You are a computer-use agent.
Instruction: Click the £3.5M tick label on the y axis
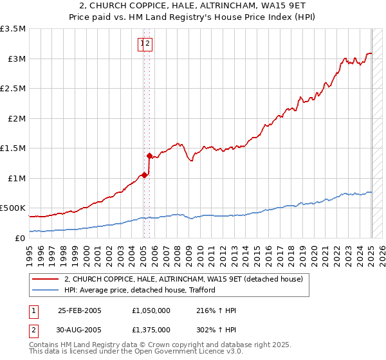point(13,29)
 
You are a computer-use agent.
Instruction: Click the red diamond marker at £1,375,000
point(150,156)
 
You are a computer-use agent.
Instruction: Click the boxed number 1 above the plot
point(142,44)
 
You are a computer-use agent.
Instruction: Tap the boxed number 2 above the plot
point(148,44)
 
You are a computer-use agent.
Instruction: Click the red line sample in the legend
point(45,279)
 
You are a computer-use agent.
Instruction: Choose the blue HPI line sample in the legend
point(45,290)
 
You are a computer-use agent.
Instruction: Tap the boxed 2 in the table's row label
point(34,330)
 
